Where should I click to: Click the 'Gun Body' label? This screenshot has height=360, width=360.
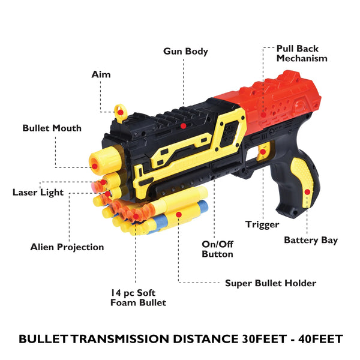click(x=185, y=52)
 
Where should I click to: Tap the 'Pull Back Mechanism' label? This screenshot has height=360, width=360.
click(x=302, y=53)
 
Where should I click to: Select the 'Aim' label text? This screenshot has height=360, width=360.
click(x=101, y=74)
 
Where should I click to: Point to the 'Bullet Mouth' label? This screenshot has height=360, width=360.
click(x=52, y=128)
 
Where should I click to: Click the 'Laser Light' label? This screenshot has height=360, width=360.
click(x=37, y=193)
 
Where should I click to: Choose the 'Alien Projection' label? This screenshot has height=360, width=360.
click(x=67, y=247)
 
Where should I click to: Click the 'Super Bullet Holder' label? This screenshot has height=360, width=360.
click(x=270, y=283)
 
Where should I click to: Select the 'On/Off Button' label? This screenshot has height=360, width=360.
click(x=217, y=249)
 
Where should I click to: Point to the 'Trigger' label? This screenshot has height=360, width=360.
click(x=262, y=224)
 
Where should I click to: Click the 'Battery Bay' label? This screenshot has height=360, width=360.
click(x=311, y=240)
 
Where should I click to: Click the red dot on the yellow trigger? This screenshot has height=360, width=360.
click(x=262, y=152)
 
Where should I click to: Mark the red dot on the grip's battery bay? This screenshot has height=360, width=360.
click(x=307, y=191)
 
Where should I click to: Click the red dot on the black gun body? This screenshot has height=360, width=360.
click(x=183, y=127)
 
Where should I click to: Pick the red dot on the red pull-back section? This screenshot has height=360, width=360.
click(x=262, y=113)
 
